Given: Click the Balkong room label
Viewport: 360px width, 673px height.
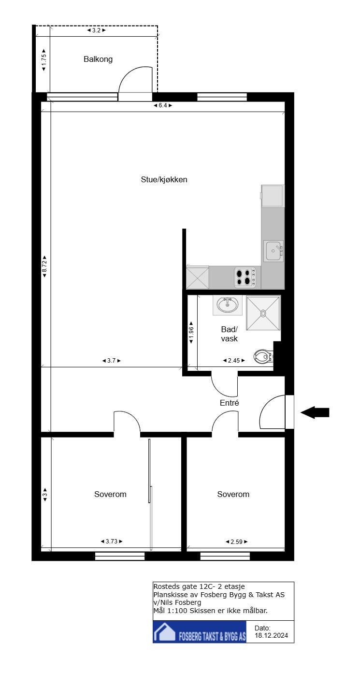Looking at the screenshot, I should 98,59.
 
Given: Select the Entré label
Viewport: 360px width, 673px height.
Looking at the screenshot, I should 230,402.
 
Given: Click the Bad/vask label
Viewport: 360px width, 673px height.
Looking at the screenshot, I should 230,334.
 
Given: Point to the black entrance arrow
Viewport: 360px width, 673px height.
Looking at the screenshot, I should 315,412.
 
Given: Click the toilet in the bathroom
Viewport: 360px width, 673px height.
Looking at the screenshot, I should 263,357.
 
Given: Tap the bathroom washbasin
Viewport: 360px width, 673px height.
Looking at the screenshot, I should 227,305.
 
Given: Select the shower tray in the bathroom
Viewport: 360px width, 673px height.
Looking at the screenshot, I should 263,313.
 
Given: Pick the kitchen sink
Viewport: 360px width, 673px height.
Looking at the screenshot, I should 274,251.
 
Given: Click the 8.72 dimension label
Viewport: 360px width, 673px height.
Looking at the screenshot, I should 44,266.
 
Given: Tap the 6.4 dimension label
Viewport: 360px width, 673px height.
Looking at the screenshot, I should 163,105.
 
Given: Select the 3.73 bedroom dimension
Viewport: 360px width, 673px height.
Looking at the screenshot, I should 111,541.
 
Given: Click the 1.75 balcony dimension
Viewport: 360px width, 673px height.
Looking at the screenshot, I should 44,60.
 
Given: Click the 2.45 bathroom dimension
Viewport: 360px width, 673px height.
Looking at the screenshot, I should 234,360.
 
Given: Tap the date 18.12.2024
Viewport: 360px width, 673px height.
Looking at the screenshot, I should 274,636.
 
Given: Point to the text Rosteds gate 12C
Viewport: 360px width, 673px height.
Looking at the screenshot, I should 181,586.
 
